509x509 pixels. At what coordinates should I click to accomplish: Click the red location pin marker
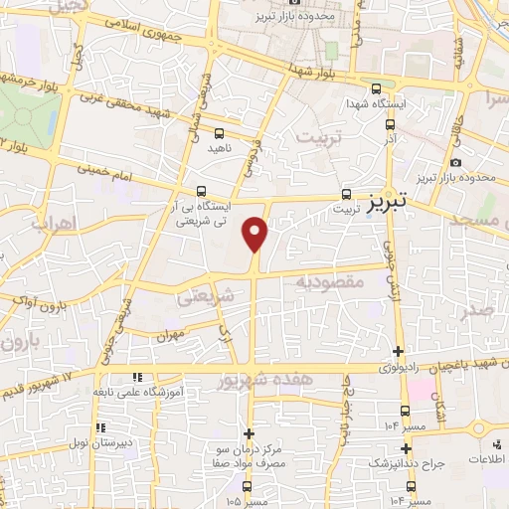coord(255,234)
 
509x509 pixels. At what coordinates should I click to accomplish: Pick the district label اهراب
coord(54,223)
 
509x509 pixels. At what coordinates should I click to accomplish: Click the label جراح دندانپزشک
coord(406,463)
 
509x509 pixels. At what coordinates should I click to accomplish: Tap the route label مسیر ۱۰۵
coord(247,500)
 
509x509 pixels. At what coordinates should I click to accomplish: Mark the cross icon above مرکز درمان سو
coord(248,433)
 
